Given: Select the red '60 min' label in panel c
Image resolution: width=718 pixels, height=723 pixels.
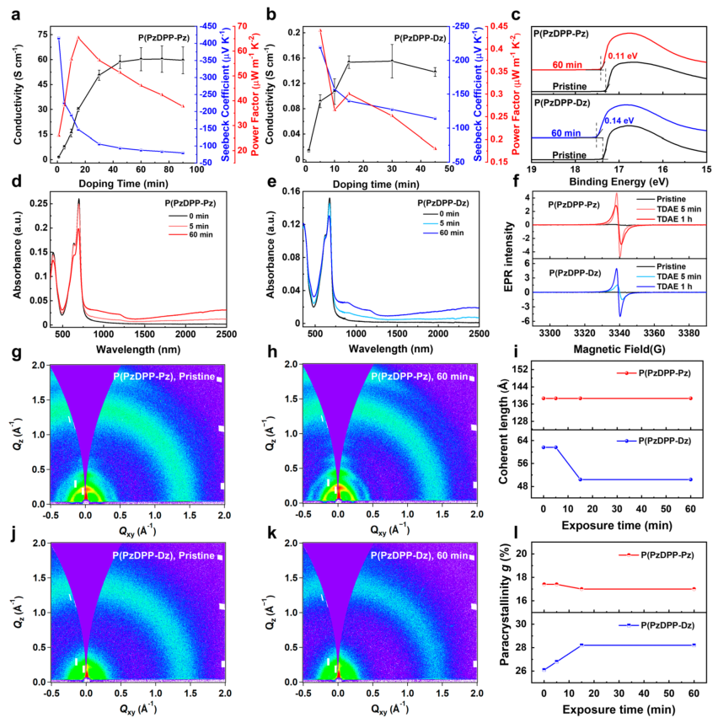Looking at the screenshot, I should (569, 65).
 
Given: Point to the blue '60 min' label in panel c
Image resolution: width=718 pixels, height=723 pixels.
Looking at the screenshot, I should (569, 133).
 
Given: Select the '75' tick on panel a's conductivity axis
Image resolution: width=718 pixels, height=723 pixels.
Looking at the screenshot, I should (40, 34).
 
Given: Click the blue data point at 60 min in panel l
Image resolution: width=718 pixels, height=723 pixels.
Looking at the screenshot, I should (690, 645).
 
